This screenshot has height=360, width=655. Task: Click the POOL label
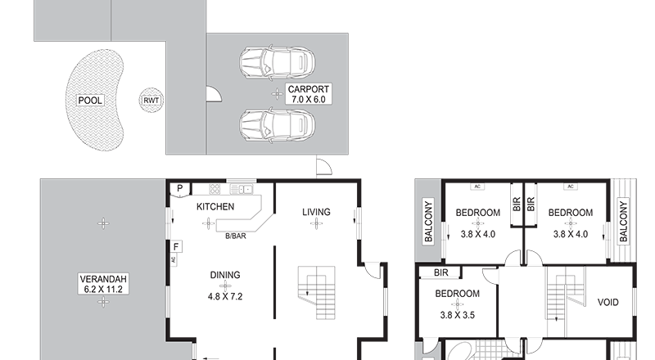(90, 101)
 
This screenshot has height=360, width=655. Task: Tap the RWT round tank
(151, 101)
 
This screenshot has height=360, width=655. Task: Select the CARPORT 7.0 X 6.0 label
(309, 94)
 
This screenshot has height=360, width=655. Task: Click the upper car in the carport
(277, 63)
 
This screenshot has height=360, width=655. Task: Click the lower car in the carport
(277, 125)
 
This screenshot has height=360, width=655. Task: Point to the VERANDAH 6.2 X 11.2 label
(103, 284)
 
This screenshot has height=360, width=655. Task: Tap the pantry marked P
(179, 189)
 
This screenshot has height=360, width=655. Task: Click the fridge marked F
(176, 247)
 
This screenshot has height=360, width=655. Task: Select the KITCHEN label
(215, 207)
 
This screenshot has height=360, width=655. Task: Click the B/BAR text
(236, 236)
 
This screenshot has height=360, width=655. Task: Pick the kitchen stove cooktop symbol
(215, 189)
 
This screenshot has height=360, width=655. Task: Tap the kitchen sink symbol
(241, 190)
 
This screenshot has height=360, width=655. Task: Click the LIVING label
(316, 212)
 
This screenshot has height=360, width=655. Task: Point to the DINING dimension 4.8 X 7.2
(225, 296)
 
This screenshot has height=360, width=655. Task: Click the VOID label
(608, 302)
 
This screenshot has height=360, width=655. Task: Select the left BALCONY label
(428, 222)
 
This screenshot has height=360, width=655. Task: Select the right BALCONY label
(623, 222)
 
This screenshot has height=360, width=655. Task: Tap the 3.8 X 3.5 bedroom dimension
(457, 315)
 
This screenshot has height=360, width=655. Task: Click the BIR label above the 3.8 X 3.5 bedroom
(441, 272)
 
